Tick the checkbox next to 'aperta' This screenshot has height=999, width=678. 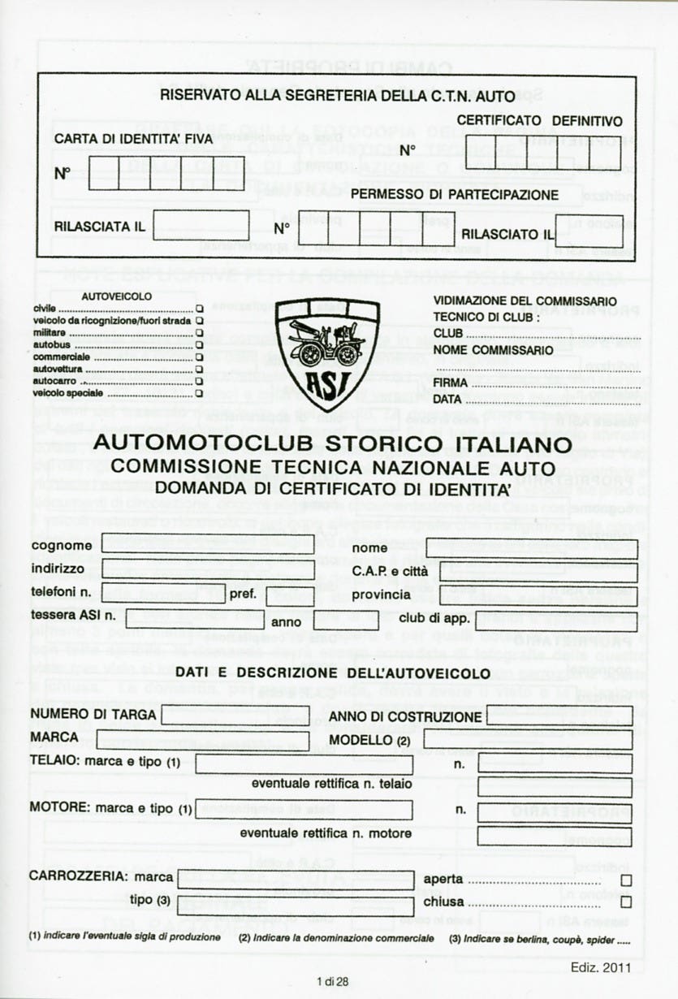[x=625, y=880]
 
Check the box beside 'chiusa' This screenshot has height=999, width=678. [x=625, y=902]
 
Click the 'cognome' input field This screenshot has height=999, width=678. [x=209, y=544]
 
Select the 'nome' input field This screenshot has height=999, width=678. [x=533, y=549]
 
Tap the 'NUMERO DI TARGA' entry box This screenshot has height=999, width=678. [x=235, y=716]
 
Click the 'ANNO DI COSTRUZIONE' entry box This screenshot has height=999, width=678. [x=559, y=716]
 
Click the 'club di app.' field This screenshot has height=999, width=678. [x=557, y=621]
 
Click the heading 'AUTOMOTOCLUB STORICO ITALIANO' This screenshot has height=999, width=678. [x=334, y=445]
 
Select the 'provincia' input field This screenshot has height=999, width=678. [x=539, y=595]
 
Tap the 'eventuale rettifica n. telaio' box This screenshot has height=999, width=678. [x=555, y=786]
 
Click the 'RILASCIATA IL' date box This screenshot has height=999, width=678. [x=201, y=226]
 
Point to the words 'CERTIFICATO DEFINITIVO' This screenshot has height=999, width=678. [x=539, y=121]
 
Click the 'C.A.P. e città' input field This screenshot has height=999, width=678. [x=539, y=572]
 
